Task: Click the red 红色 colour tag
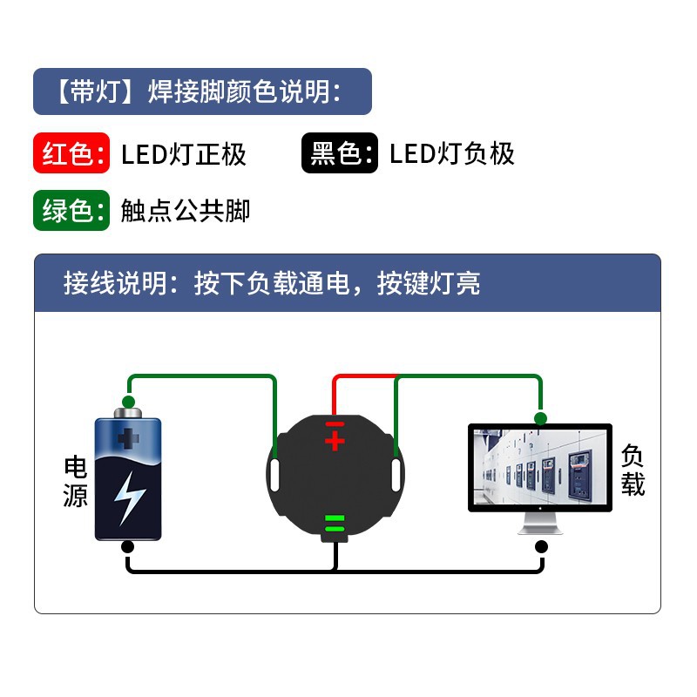[x=71, y=154]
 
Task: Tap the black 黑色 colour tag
[x=340, y=154]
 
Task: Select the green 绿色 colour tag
[x=71, y=211]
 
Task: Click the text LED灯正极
[x=184, y=155]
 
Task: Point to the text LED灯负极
[x=452, y=154]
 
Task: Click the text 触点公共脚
[x=186, y=211]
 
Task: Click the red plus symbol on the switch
[x=335, y=441]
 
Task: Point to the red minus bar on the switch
[x=335, y=424]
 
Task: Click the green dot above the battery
[x=129, y=402]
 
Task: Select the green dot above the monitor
[x=540, y=418]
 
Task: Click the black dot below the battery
[x=128, y=547]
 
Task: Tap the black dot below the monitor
[x=540, y=547]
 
